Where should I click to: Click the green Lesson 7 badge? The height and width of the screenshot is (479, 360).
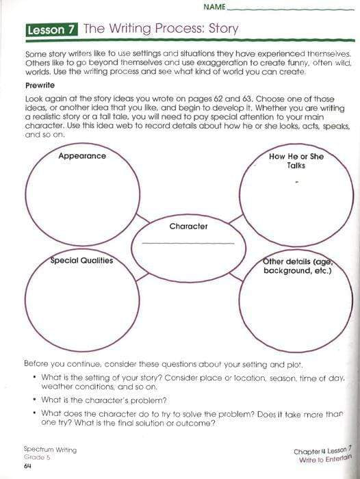click(51, 29)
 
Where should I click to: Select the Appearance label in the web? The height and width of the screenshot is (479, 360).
click(82, 156)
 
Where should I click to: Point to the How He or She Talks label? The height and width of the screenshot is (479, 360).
click(296, 161)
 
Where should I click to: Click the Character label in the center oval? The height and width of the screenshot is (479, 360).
click(188, 226)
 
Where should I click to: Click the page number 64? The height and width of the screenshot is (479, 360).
click(28, 467)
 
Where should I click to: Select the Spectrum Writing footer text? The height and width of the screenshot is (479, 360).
click(50, 450)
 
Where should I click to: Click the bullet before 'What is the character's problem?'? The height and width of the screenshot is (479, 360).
click(34, 400)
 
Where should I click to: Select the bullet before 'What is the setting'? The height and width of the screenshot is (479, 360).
click(34, 377)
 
